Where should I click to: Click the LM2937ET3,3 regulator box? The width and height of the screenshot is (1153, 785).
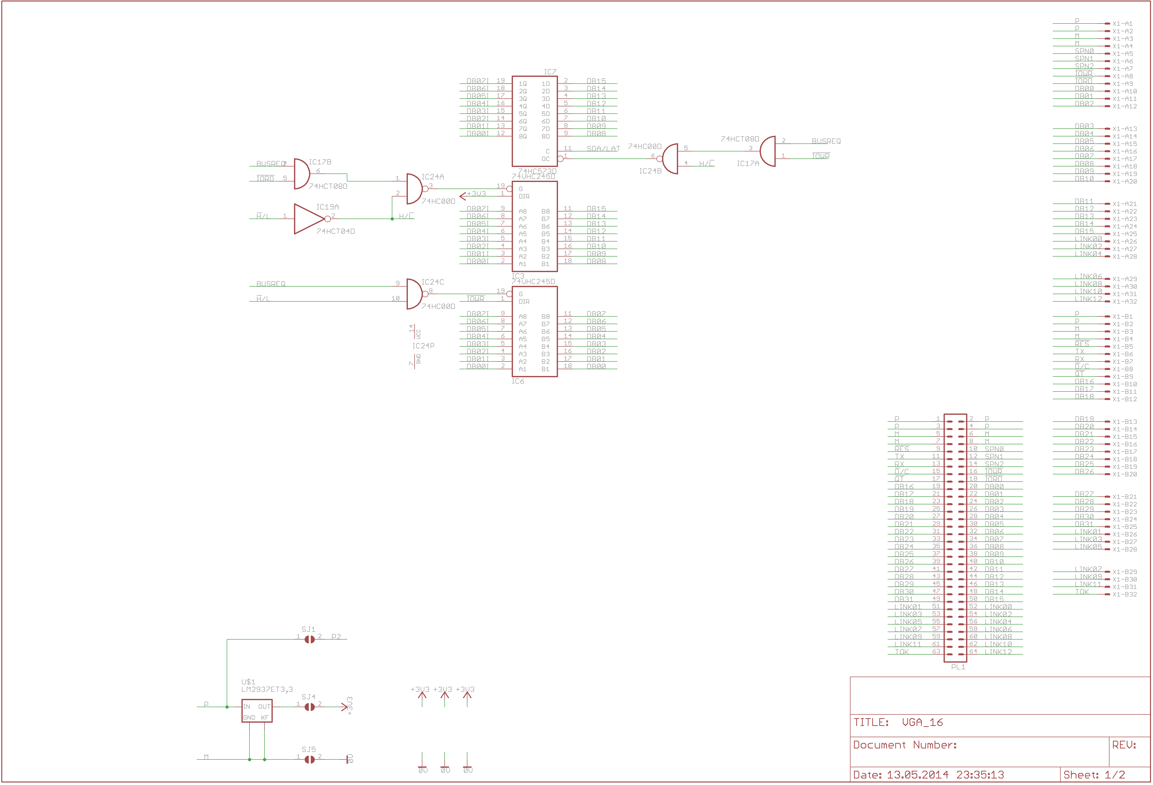[x=256, y=711]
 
